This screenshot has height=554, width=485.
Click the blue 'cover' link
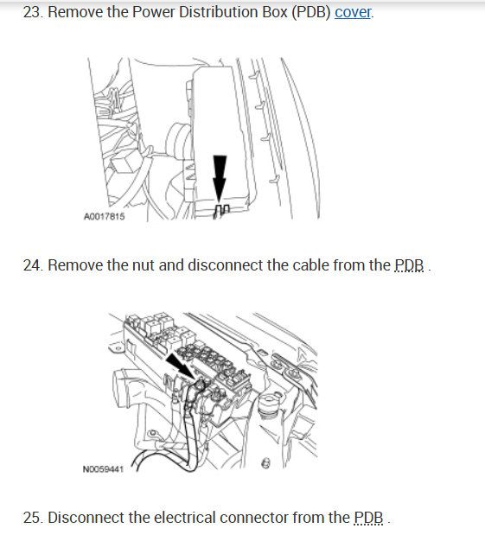(x=353, y=12)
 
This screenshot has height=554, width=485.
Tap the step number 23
(x=33, y=12)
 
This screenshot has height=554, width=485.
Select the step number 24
(x=33, y=265)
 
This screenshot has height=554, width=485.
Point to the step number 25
(x=33, y=518)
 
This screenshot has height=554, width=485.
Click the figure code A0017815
(x=105, y=216)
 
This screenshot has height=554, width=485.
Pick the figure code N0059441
(x=103, y=469)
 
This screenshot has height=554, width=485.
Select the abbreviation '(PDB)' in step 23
(x=311, y=12)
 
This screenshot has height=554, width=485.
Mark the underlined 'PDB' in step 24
(x=409, y=265)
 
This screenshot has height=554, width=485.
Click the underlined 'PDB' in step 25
(x=368, y=518)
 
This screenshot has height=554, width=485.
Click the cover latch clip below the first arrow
(x=221, y=211)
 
